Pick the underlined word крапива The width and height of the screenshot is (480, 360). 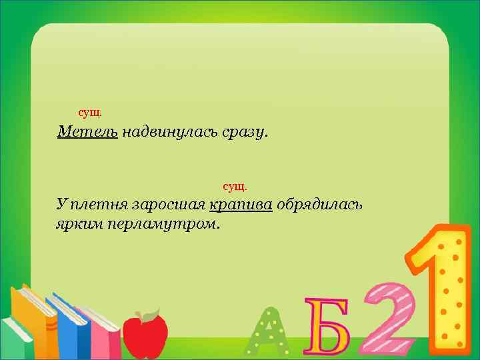pyautogui.click(x=241, y=204)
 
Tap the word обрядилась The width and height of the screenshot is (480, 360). pyautogui.click(x=319, y=204)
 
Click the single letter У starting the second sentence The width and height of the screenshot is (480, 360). pyautogui.click(x=61, y=204)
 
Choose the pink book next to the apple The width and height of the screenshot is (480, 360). pyautogui.click(x=103, y=333)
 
